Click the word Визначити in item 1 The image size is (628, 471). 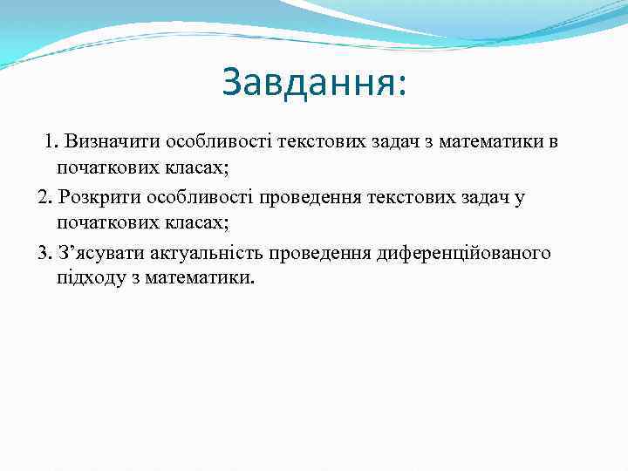[108, 142]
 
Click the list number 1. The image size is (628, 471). [51, 142]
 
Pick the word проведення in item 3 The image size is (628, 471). [325, 254]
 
